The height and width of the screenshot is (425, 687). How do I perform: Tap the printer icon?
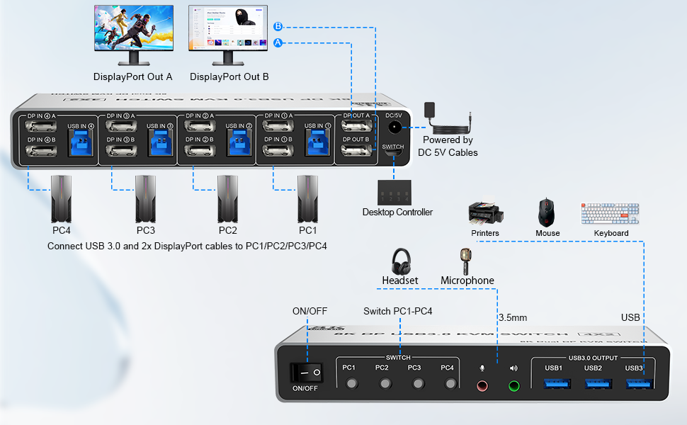(x=485, y=213)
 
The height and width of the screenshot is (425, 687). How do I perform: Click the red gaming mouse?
(x=547, y=212)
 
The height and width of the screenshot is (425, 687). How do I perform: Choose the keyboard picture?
(x=610, y=213)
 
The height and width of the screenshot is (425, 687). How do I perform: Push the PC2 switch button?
(x=385, y=385)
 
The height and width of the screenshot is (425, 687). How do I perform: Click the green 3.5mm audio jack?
(x=513, y=386)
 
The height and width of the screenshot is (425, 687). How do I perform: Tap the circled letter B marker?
(x=278, y=27)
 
